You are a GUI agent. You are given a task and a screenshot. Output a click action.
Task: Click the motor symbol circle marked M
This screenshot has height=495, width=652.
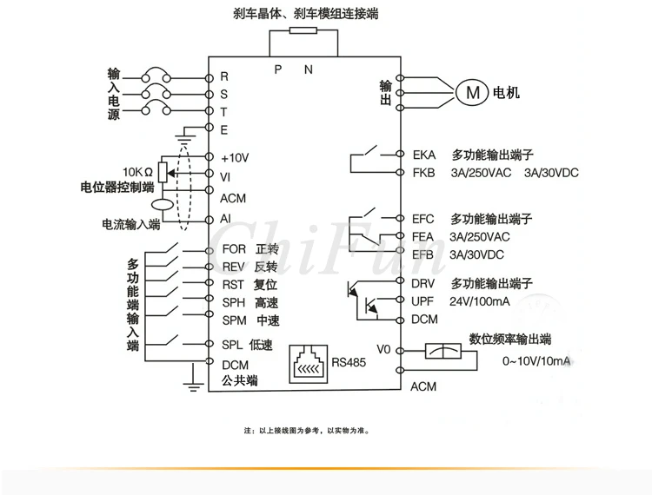pos(472,92)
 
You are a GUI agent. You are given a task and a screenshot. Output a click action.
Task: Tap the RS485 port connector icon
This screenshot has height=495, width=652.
pos(308,364)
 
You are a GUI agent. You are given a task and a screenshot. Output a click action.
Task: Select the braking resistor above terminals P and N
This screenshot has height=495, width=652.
pos(303,30)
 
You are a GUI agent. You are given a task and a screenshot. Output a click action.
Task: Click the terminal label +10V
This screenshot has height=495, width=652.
pos(235,158)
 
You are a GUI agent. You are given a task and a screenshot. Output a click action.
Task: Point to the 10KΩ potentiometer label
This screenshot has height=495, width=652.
pos(137,172)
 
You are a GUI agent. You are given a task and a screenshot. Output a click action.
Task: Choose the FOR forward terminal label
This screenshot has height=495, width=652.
pos(234,249)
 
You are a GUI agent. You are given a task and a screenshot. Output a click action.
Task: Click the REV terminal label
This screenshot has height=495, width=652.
pos(233,267)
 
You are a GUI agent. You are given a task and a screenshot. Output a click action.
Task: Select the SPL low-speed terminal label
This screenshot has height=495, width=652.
pos(232,345)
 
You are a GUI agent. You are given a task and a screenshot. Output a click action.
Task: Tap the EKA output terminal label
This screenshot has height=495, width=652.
pos(424,155)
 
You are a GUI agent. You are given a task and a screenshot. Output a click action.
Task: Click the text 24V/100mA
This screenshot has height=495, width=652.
pos(479,301)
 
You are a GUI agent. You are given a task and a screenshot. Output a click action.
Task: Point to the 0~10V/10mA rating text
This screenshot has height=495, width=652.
pos(536,361)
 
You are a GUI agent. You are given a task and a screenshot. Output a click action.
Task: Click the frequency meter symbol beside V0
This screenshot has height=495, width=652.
pos(442,352)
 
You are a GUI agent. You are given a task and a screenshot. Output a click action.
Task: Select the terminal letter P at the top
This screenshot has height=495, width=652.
pos(278,69)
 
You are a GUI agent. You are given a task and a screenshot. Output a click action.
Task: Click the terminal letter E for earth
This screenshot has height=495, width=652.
pos(224,130)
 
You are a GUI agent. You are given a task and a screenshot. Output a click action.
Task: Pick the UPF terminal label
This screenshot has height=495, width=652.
pos(422,301)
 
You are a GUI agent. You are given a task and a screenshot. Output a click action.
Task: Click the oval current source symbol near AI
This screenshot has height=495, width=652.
pos(163,204)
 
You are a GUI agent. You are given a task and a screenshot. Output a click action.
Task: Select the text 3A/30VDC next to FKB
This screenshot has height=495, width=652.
pos(551,173)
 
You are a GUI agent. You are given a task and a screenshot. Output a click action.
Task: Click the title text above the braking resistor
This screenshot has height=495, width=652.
pos(306,14)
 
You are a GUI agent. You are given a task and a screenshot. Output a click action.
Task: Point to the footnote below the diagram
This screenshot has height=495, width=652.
pos(307,431)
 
